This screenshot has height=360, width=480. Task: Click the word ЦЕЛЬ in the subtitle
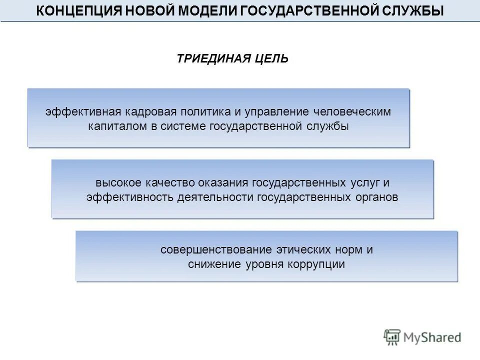270,59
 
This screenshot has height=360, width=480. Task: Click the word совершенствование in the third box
215,249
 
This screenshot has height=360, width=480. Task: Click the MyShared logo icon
392,337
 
